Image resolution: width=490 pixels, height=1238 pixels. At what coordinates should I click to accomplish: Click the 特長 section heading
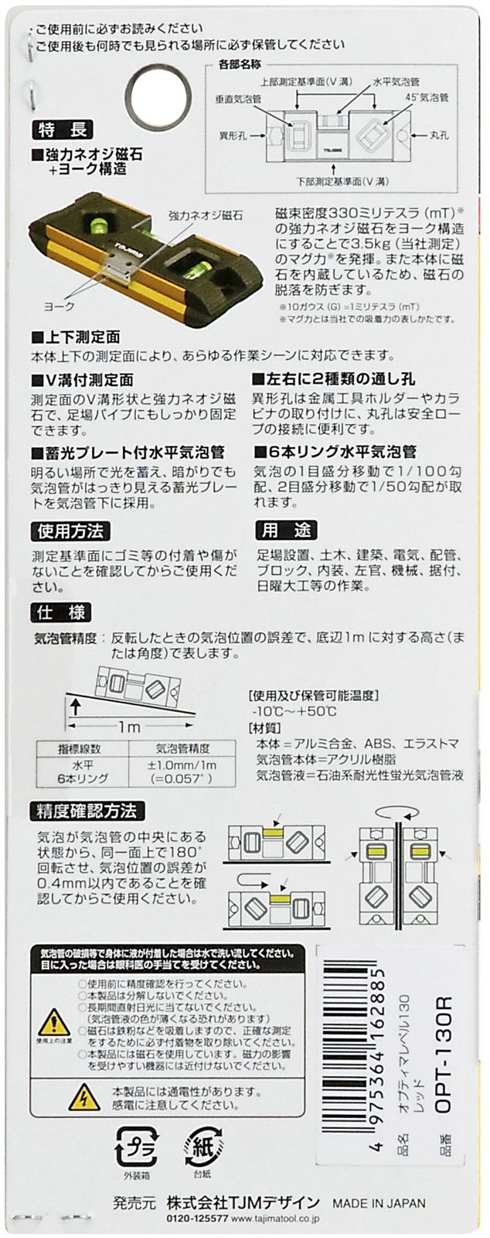pyautogui.click(x=63, y=130)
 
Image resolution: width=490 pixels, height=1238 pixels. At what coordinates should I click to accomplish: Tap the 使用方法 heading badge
pyautogui.click(x=70, y=532)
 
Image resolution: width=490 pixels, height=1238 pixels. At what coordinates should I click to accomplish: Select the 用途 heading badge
pyautogui.click(x=287, y=531)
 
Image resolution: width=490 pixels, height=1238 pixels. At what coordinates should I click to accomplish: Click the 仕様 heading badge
pyautogui.click(x=62, y=612)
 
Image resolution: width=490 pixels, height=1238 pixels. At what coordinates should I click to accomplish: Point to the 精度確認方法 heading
pyautogui.click(x=87, y=811)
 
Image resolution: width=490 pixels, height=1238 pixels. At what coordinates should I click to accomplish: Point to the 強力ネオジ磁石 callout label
pyautogui.click(x=206, y=215)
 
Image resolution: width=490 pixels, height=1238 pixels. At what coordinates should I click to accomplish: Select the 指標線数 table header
pyautogui.click(x=82, y=749)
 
